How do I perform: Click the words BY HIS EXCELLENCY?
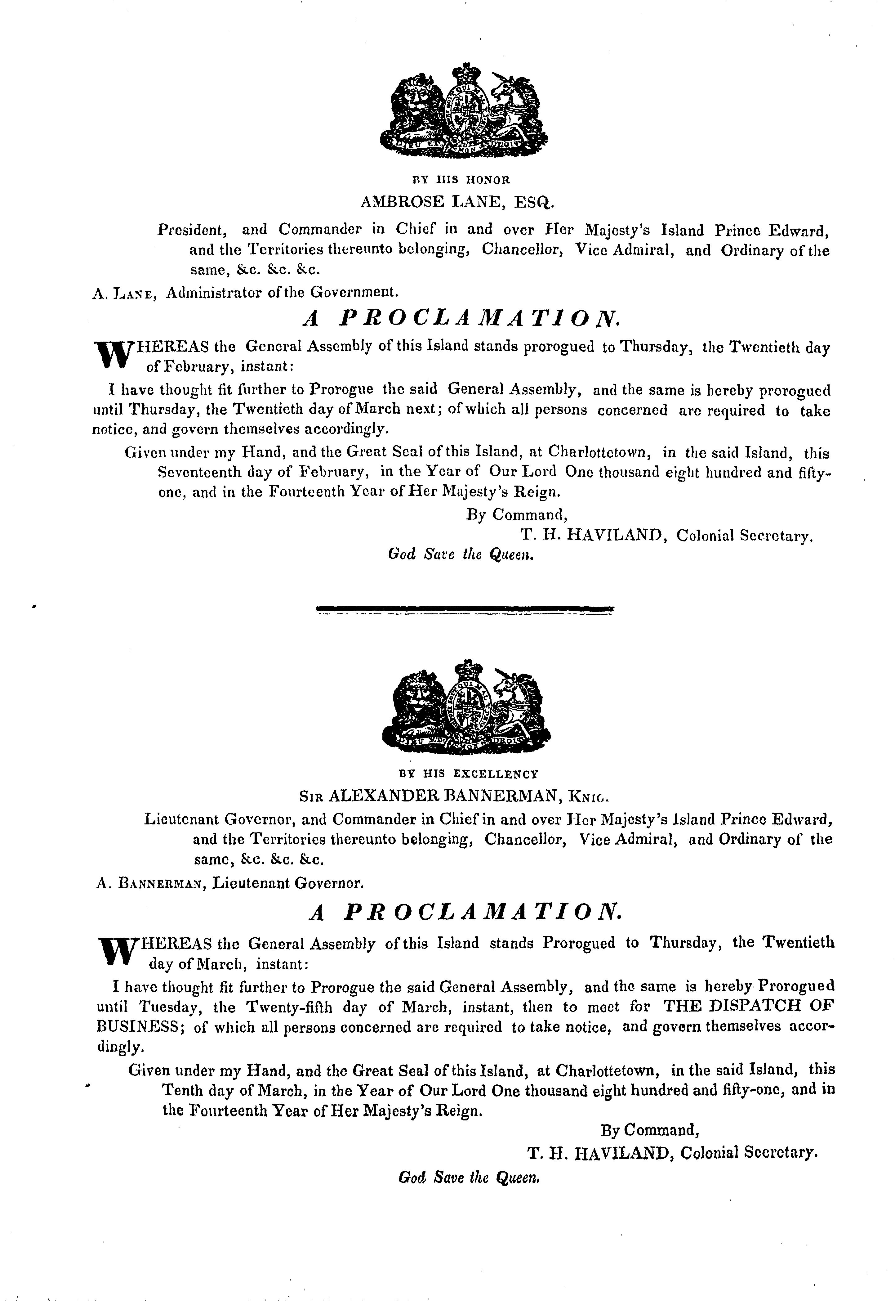(468, 774)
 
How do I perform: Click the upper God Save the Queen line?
(458, 555)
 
